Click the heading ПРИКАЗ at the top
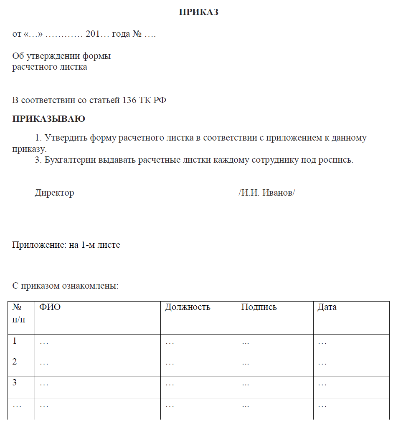199,13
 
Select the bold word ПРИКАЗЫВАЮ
49,119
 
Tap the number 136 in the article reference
129,100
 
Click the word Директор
54,193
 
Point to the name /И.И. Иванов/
266,193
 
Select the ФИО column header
50,307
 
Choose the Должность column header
188,307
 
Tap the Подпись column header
259,307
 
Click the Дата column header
327,307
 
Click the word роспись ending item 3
336,160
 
